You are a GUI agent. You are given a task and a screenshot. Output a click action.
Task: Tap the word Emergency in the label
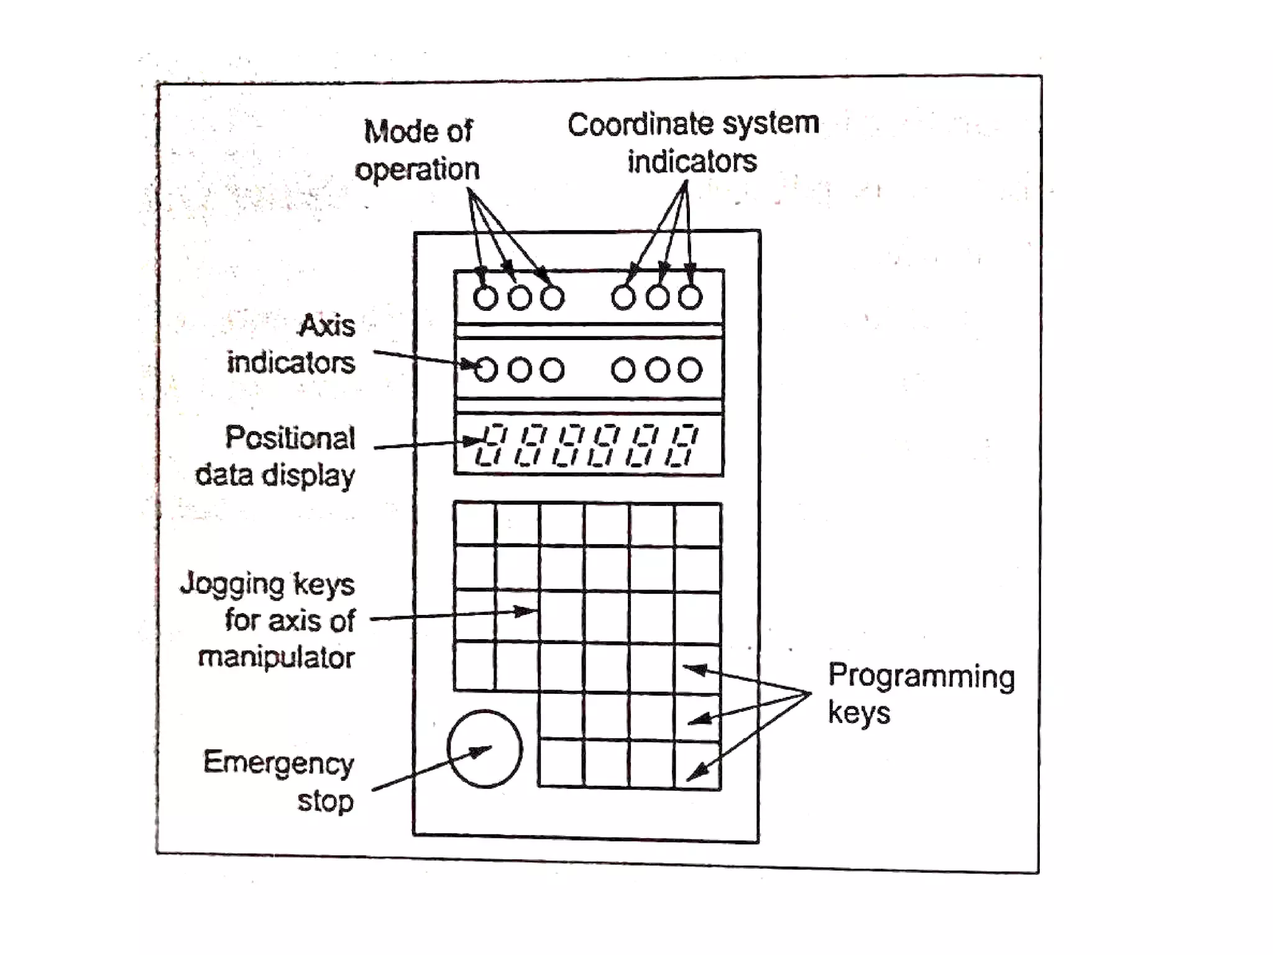(x=278, y=763)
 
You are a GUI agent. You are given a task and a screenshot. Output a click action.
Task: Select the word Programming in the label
(x=921, y=676)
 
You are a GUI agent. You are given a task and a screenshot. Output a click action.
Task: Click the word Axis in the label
(x=327, y=325)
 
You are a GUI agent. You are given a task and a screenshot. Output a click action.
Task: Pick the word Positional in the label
(x=290, y=438)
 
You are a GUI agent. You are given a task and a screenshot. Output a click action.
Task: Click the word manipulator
(x=277, y=657)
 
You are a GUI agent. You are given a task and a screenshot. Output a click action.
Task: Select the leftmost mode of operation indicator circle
(x=485, y=298)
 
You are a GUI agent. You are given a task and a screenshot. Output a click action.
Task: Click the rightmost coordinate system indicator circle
(x=690, y=297)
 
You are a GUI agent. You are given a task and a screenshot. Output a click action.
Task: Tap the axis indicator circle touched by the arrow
(x=485, y=370)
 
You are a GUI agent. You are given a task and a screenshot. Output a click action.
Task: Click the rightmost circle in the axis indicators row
(x=690, y=370)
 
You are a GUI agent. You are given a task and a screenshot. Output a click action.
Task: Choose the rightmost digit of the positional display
(x=682, y=445)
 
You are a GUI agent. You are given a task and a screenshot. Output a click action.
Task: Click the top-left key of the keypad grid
(x=475, y=524)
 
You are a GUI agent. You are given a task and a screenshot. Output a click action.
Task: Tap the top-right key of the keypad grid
(x=697, y=525)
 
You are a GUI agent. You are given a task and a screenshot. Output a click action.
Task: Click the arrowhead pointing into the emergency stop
(x=482, y=750)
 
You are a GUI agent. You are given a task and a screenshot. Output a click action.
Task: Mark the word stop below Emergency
(x=325, y=801)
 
